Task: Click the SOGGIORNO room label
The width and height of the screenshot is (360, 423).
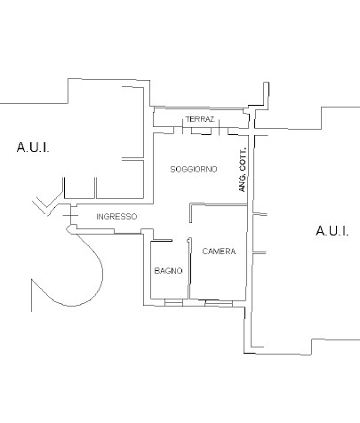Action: (x=194, y=169)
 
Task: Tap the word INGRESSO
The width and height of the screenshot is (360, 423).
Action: (x=116, y=217)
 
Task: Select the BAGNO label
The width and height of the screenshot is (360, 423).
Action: (x=168, y=270)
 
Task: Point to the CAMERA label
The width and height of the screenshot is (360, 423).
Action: (x=219, y=251)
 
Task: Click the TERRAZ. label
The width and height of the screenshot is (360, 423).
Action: (x=200, y=119)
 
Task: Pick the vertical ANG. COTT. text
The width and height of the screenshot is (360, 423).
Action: (x=243, y=170)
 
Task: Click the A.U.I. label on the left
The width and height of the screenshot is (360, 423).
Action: (x=33, y=148)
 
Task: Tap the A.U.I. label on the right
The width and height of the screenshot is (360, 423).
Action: (x=332, y=230)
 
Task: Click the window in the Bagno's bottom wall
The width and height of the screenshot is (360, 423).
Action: (x=173, y=302)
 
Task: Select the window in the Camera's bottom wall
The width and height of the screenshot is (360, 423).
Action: (x=219, y=303)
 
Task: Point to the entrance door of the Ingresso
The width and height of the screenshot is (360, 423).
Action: (x=70, y=215)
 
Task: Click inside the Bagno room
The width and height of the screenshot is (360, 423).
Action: (x=169, y=284)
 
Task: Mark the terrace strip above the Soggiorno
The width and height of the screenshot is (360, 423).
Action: (x=201, y=118)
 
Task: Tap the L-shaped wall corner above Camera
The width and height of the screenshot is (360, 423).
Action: (x=190, y=204)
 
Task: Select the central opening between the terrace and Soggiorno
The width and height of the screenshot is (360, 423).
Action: (x=201, y=131)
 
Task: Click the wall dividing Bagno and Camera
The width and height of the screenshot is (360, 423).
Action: (x=189, y=268)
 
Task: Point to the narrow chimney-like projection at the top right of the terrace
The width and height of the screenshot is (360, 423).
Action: (x=267, y=93)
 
